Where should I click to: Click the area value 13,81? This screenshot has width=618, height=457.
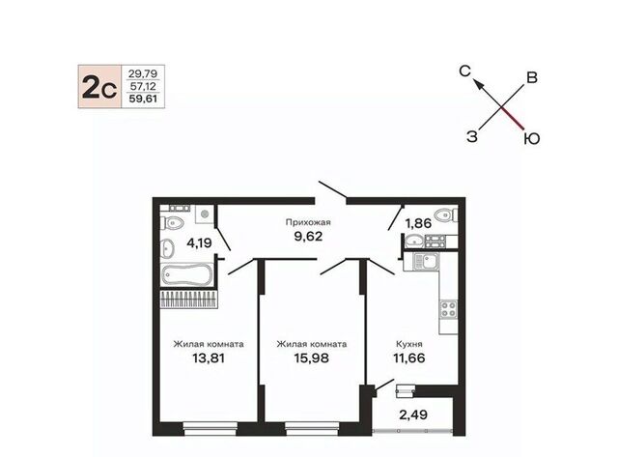coord(209,358)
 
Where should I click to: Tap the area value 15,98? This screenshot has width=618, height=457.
coord(311,358)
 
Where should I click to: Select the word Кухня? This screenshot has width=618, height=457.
coord(409,344)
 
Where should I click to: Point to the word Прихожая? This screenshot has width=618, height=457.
coord(308,222)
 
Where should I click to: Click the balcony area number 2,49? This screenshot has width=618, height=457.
coord(413,414)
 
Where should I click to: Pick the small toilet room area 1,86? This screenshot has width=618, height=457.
coord(418,223)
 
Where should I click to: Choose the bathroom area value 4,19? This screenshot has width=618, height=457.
coord(200,243)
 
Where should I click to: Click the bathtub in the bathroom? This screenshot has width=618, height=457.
coord(186,274)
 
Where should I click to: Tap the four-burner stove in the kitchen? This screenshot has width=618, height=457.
coord(448,309)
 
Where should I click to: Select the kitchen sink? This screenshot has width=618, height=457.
coord(426,261)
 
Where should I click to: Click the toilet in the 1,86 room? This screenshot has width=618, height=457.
coord(446,214)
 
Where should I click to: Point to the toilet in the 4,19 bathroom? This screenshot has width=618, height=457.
coord(172,223)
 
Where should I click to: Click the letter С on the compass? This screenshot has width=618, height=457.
coord(465,71)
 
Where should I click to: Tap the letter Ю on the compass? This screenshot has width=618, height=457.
coord(532,139)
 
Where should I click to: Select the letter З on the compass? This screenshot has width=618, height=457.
coord(472,137)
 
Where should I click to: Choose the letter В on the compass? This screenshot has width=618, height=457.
coord(532,77)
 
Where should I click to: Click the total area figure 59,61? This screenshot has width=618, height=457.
coord(144,99)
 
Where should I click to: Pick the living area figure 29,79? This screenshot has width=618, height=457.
coord(143,73)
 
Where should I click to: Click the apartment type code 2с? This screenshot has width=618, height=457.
coord(99,87)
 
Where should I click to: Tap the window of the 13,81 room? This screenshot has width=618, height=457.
coord(211,429)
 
